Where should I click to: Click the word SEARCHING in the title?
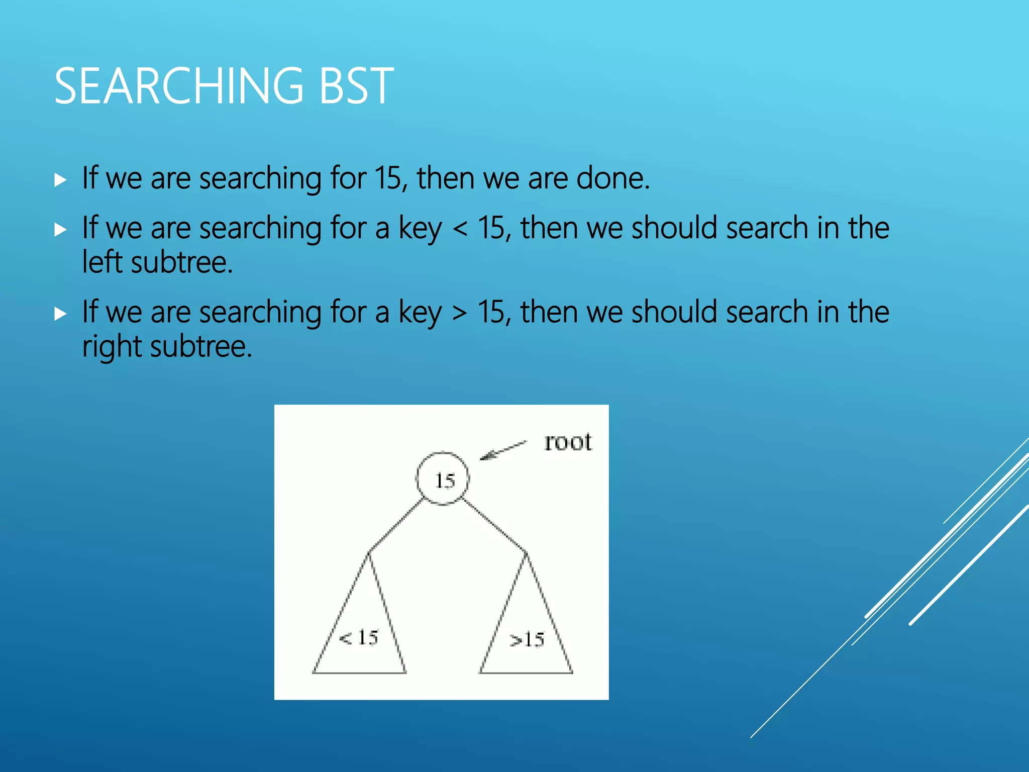(179, 86)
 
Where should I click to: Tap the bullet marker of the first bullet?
(60, 180)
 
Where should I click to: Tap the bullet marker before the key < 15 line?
(60, 230)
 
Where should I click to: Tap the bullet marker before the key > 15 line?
(60, 314)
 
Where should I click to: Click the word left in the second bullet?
(102, 262)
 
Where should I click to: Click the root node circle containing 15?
(443, 479)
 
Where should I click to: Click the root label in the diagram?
(568, 442)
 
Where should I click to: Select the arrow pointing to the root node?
(502, 450)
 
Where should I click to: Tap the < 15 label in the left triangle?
(359, 638)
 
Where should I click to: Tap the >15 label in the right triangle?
(527, 640)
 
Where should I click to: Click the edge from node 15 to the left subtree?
(396, 525)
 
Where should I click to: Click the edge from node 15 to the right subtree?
(494, 525)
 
